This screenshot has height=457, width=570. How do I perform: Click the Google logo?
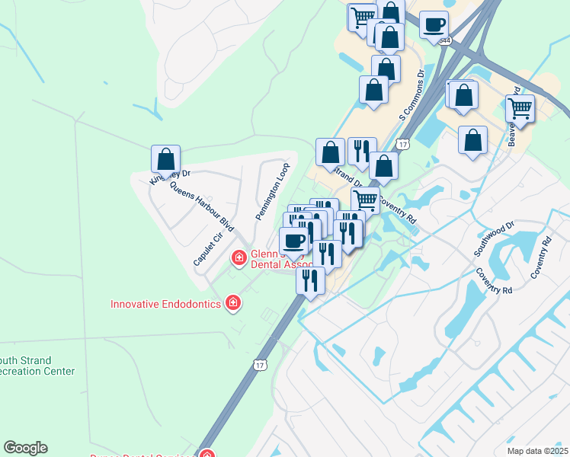[x=25, y=448]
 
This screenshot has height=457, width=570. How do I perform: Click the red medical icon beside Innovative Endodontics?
[x=233, y=304]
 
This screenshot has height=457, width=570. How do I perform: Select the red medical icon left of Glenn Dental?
[x=239, y=258]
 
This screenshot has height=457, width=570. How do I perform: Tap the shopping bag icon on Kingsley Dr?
[x=165, y=159]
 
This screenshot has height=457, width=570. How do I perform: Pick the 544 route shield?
[x=444, y=39]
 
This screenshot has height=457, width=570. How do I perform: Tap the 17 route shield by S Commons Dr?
[x=403, y=144]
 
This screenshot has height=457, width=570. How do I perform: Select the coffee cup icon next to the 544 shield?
[x=434, y=24]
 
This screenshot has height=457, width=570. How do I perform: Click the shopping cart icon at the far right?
[x=520, y=107]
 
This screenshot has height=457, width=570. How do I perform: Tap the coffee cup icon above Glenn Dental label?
[x=293, y=241]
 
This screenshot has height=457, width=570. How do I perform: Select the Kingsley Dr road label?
[x=169, y=177]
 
